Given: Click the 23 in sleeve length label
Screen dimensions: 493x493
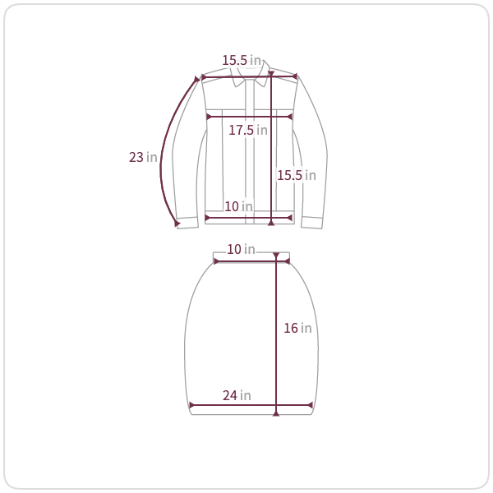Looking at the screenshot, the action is click(x=143, y=157).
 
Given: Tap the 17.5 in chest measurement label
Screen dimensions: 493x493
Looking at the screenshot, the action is click(x=248, y=130).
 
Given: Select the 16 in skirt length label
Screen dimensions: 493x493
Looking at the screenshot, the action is click(x=297, y=328).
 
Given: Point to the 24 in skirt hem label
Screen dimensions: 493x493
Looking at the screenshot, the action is click(x=237, y=395).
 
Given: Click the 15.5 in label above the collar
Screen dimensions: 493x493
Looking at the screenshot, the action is click(x=242, y=60).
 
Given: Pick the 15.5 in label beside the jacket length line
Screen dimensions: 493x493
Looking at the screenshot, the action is click(x=297, y=176).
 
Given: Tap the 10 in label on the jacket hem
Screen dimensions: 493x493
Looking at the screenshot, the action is click(x=238, y=206).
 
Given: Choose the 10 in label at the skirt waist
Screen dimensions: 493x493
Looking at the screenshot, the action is click(x=241, y=249).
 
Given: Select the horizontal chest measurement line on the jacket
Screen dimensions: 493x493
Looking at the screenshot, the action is click(x=249, y=117).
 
